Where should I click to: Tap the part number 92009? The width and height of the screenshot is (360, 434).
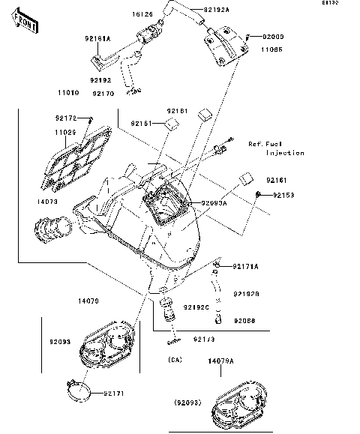pyautogui.click(x=272, y=36)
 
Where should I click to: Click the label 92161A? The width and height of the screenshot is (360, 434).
pyautogui.click(x=96, y=38)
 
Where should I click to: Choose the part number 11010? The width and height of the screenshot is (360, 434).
pyautogui.click(x=67, y=94)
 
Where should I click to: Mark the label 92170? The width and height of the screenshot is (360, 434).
pyautogui.click(x=103, y=94)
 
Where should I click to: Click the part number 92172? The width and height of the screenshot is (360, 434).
pyautogui.click(x=65, y=118)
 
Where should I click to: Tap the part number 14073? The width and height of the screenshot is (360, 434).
pyautogui.click(x=46, y=202)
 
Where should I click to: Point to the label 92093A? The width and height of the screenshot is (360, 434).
pyautogui.click(x=214, y=203)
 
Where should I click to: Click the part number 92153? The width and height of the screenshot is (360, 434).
pyautogui.click(x=283, y=195)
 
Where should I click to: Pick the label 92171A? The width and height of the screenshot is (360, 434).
pyautogui.click(x=244, y=266)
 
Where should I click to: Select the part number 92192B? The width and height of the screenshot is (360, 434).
pyautogui.click(x=246, y=294)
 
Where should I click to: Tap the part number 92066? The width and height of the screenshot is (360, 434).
pyautogui.click(x=244, y=320)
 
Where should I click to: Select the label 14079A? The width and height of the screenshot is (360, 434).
pyautogui.click(x=220, y=361)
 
